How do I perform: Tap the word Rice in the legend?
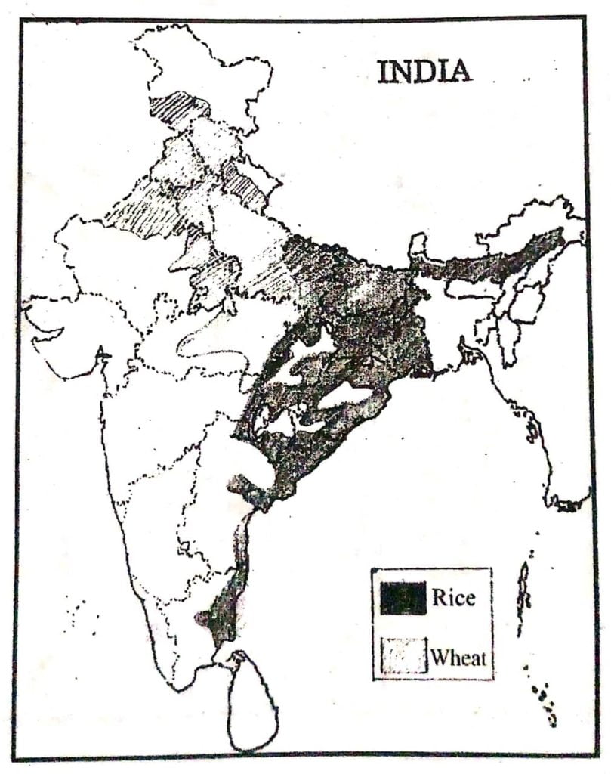(x=453, y=597)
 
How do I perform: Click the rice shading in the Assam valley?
(x=498, y=261)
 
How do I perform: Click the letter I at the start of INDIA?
(x=382, y=71)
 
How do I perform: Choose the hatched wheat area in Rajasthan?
(x=143, y=215)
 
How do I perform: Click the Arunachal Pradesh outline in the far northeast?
(x=529, y=219)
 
